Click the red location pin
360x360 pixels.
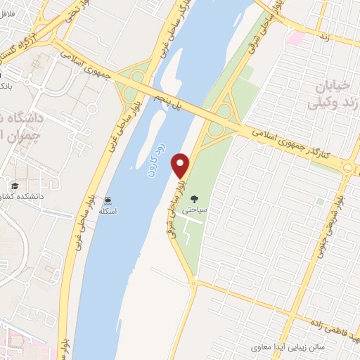tap(182, 165)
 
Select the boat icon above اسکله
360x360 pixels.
tap(108, 199)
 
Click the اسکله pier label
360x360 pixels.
tap(108, 211)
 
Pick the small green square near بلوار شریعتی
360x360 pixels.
tap(320, 201)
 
